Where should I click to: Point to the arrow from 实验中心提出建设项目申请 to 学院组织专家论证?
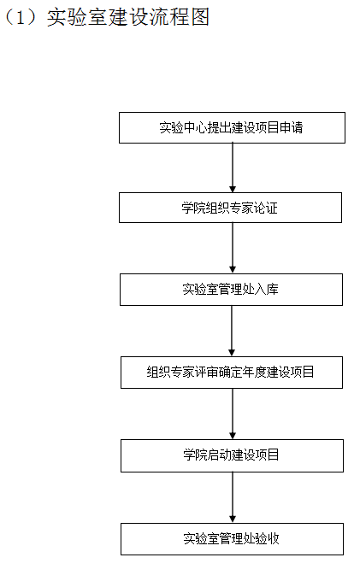[x=233, y=167]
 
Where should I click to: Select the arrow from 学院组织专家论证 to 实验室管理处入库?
[x=233, y=248]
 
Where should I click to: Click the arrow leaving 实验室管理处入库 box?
[x=232, y=331]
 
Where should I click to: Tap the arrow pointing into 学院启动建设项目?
[x=233, y=414]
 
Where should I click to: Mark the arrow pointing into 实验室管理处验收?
[x=233, y=497]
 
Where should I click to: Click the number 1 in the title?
[x=21, y=17]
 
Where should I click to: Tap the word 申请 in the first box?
[x=291, y=127]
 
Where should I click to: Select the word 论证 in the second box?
[x=266, y=208]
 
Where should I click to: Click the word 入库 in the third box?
[x=267, y=289]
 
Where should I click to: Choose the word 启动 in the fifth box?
[x=220, y=455]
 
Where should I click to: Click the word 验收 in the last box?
[x=268, y=538]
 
